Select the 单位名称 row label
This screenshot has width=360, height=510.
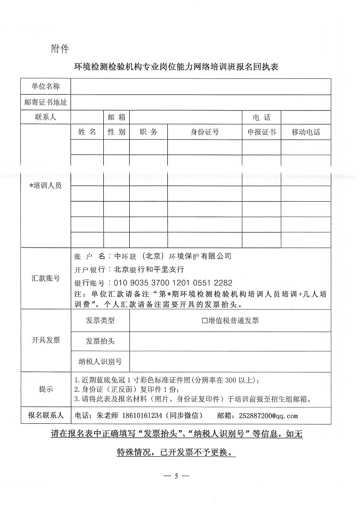tap(45, 86)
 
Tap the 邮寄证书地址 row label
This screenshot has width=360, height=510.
tap(45, 102)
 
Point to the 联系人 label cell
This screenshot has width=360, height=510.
tap(45, 117)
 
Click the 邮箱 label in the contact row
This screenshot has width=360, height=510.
tap(116, 117)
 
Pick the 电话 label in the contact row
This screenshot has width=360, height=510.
tap(261, 117)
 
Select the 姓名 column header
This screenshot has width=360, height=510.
tap(87, 132)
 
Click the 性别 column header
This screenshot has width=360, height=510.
tap(116, 132)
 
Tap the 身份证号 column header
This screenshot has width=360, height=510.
tap(204, 132)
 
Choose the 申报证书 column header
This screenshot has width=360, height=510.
tap(261, 132)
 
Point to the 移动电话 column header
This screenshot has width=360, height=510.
tap(306, 132)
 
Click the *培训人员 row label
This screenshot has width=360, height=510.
tap(45, 185)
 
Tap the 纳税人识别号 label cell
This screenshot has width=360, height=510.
tap(100, 361)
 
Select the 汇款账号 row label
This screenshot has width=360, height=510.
tap(45, 278)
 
